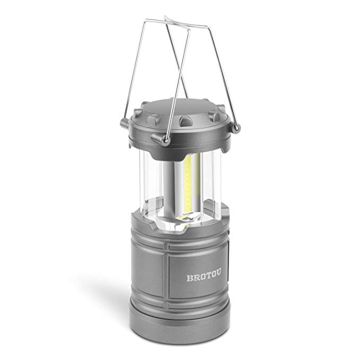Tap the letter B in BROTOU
(189, 278)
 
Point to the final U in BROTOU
(218, 273)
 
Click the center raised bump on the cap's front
(186, 121)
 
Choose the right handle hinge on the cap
(236, 128)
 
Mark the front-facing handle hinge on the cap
(165, 140)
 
